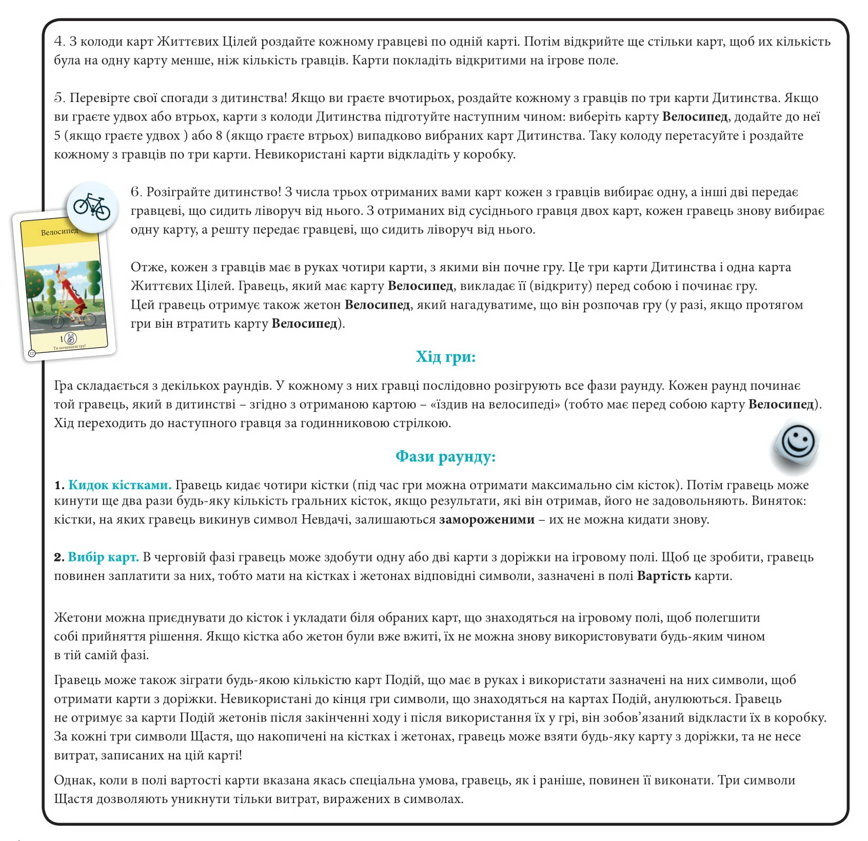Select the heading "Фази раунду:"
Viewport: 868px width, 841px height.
[445, 456]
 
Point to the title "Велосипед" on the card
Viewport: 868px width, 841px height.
[60, 232]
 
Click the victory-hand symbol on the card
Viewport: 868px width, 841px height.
[71, 338]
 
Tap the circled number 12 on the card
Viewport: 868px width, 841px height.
[31, 353]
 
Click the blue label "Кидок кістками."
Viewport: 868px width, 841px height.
[120, 485]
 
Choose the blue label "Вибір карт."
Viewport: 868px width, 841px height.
[103, 557]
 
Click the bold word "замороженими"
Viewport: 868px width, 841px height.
[486, 519]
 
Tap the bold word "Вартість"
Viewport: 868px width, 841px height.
[663, 576]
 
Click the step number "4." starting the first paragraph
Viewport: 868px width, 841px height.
[60, 42]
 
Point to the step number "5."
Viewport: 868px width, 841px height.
[60, 98]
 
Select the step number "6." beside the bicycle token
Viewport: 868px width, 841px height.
[136, 192]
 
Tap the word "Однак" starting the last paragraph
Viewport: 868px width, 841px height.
[73, 780]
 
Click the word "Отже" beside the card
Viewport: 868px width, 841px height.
[147, 267]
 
